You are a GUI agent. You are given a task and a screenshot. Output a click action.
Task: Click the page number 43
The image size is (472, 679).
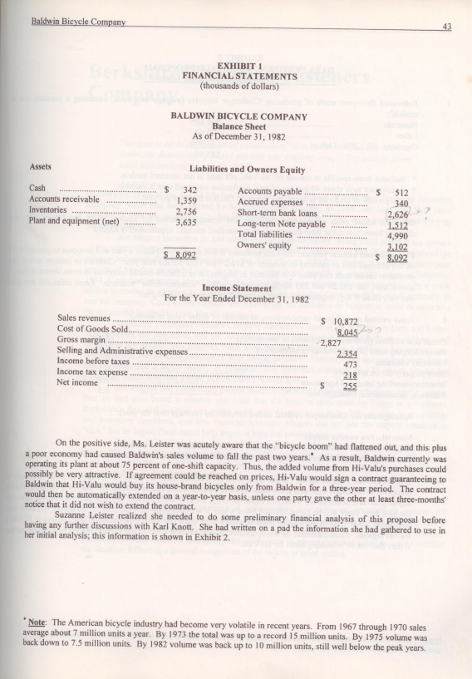point(446,27)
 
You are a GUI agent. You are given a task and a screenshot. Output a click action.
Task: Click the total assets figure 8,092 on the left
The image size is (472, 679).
point(182,253)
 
